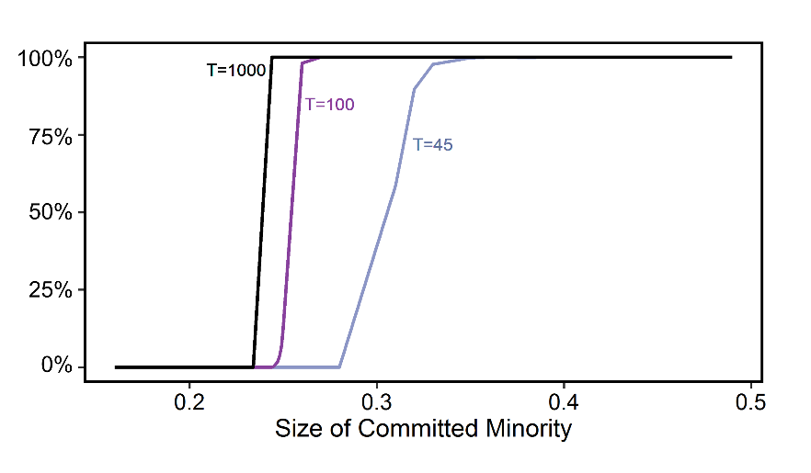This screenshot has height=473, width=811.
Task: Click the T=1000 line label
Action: (236, 70)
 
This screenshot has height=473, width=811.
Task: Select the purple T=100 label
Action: (329, 105)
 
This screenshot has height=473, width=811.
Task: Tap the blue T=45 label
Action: (432, 144)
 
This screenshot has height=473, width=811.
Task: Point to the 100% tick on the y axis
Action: (45, 59)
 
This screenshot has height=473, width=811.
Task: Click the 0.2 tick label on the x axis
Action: (188, 401)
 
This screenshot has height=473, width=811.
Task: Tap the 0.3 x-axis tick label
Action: (376, 401)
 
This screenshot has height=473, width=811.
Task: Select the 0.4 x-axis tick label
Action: (564, 401)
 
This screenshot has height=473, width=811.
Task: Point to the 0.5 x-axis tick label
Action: (751, 401)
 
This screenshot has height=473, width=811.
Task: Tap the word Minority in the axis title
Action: (531, 428)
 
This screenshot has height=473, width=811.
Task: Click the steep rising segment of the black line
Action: (262, 211)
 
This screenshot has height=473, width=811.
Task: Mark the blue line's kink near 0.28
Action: (340, 366)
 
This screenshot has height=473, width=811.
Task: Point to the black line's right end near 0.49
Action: (730, 57)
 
